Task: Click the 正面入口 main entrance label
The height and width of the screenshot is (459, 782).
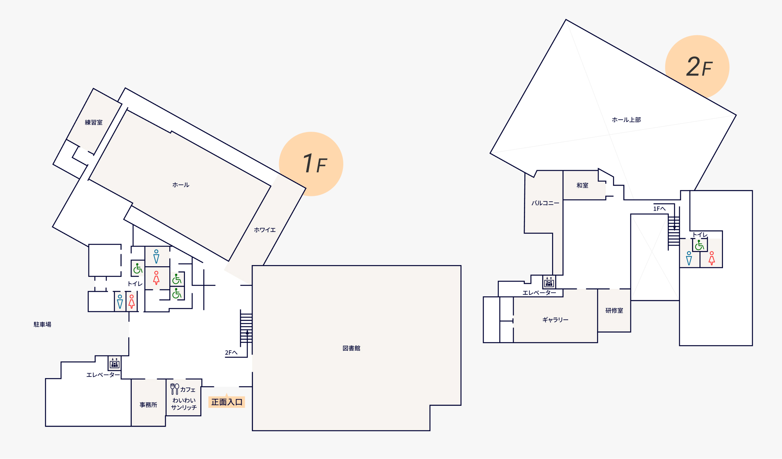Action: tap(227, 402)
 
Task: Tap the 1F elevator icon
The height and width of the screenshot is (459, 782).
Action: tap(115, 363)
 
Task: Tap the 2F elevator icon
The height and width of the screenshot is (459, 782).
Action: tap(549, 282)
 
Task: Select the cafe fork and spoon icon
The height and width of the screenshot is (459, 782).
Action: tap(175, 389)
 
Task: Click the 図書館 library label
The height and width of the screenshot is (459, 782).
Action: tap(351, 348)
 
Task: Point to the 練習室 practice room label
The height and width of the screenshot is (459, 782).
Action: tap(94, 122)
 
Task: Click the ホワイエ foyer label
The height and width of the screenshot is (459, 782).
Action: tap(265, 230)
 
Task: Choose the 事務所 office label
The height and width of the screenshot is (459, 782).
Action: tap(148, 405)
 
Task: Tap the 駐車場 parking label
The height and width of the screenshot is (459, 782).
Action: tap(42, 325)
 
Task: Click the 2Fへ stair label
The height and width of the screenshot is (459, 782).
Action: tap(231, 353)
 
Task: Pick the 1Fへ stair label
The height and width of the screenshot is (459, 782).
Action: tap(659, 209)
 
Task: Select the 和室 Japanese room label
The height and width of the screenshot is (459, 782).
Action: tap(582, 186)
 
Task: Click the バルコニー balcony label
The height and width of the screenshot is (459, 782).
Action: tap(545, 203)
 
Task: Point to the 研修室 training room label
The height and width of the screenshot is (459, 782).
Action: tap(614, 310)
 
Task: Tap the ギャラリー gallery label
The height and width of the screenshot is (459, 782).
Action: tap(555, 320)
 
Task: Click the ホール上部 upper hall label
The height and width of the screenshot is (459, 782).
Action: tap(626, 120)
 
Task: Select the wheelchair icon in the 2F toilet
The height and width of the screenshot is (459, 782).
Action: tap(699, 245)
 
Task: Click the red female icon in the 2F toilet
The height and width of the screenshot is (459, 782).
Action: tap(712, 258)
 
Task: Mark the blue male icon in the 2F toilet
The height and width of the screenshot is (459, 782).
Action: tap(689, 258)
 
